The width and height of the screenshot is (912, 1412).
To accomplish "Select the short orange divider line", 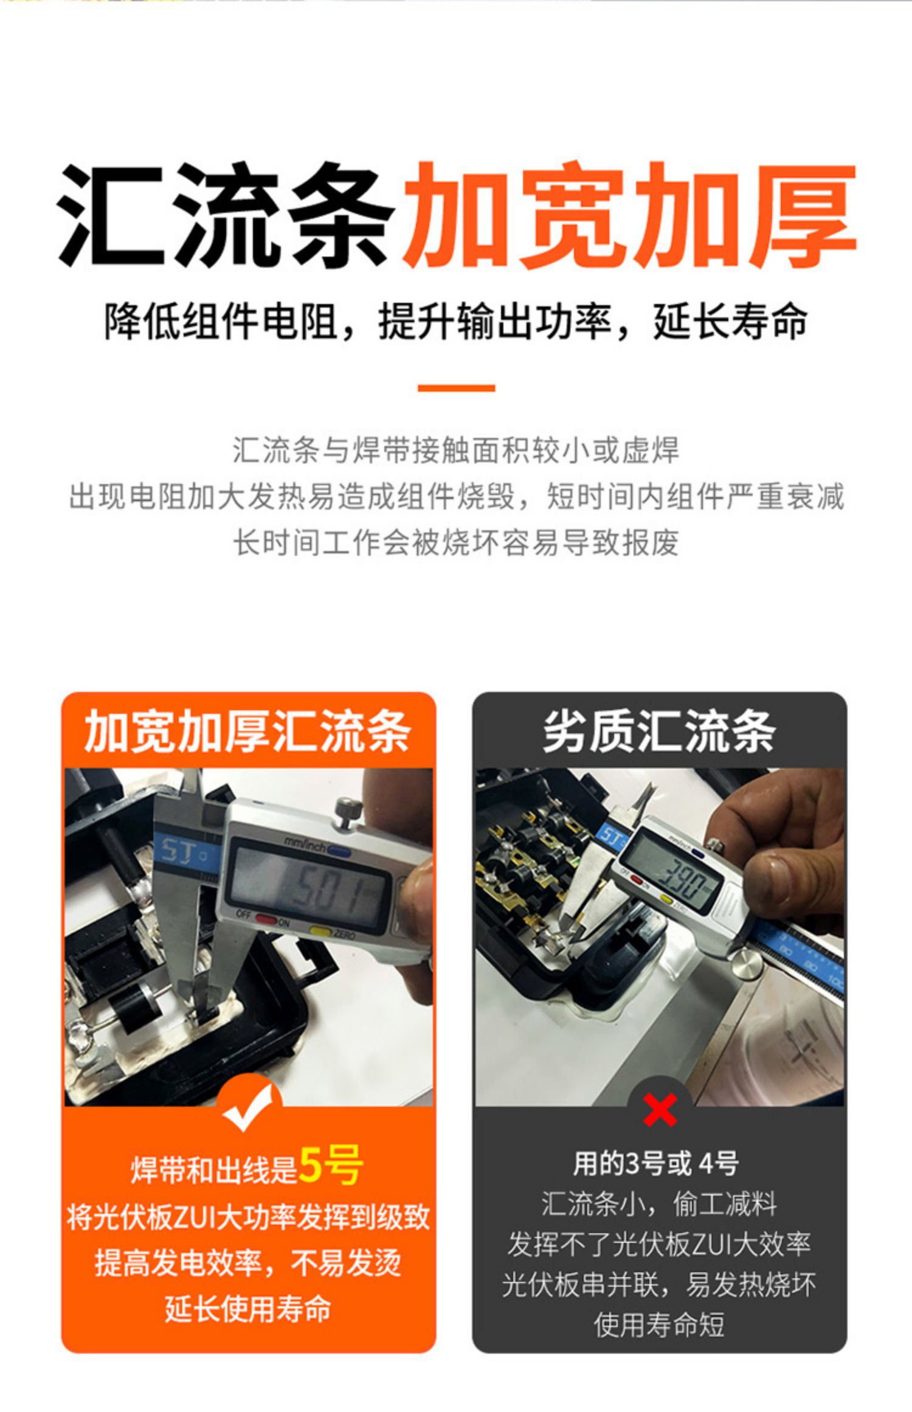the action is pos(456,388).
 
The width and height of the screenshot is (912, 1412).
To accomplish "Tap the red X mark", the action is pos(660,1110).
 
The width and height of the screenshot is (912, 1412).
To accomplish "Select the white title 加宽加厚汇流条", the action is pos(247,732).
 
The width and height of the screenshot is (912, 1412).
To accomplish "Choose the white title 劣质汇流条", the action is pos(659,732).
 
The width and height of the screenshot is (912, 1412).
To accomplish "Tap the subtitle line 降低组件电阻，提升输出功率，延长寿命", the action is pos(456,320).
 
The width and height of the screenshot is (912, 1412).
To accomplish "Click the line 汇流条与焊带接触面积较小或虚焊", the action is pos(456,451).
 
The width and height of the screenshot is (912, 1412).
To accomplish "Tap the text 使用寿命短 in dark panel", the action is pos(659,1324).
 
